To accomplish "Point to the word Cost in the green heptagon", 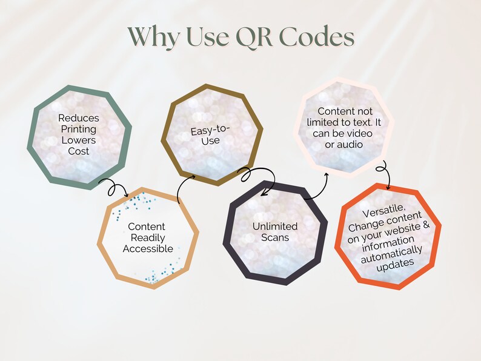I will (78, 150).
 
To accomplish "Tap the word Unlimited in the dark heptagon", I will (275, 227).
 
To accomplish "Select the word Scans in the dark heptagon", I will (275, 237).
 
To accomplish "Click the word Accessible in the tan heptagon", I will (148, 248).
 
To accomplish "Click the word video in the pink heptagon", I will (359, 133).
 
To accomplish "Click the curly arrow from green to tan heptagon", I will (113, 187).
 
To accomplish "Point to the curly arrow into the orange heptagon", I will (382, 171).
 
